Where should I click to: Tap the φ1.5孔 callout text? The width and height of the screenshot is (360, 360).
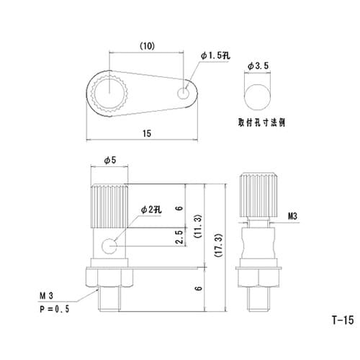215,55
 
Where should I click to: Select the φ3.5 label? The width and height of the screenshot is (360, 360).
258,66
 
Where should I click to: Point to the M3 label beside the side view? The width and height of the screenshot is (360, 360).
292,215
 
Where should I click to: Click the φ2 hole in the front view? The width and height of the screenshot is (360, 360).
110,246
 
